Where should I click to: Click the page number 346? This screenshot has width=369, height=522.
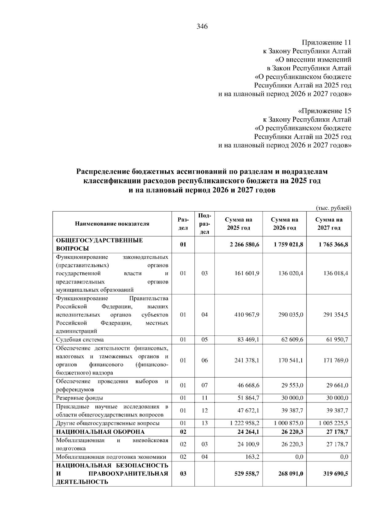[x=202, y=27]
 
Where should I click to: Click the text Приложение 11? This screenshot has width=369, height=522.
[x=326, y=42]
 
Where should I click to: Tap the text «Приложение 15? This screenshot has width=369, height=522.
[x=325, y=111]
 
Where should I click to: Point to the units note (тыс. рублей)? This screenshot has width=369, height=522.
[x=334, y=208]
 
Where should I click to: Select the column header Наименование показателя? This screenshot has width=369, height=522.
[x=112, y=224]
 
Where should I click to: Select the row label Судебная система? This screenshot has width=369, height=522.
[x=80, y=340]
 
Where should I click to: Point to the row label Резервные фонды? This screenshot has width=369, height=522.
[x=79, y=398]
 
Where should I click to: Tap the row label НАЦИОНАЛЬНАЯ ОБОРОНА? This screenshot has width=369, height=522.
[x=100, y=432]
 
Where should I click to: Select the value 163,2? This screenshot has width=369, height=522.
[x=253, y=457]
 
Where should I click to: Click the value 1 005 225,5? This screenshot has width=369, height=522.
[x=333, y=423]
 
